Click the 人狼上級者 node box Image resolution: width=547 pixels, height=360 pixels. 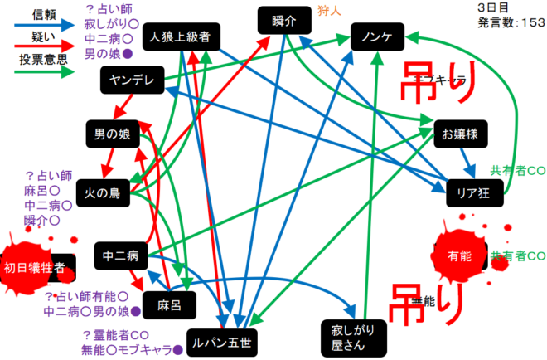181,37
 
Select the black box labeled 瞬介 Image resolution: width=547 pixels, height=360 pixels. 283,21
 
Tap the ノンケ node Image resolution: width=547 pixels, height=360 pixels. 377,36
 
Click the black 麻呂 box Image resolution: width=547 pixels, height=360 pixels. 168,304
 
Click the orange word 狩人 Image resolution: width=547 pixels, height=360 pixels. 330,11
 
